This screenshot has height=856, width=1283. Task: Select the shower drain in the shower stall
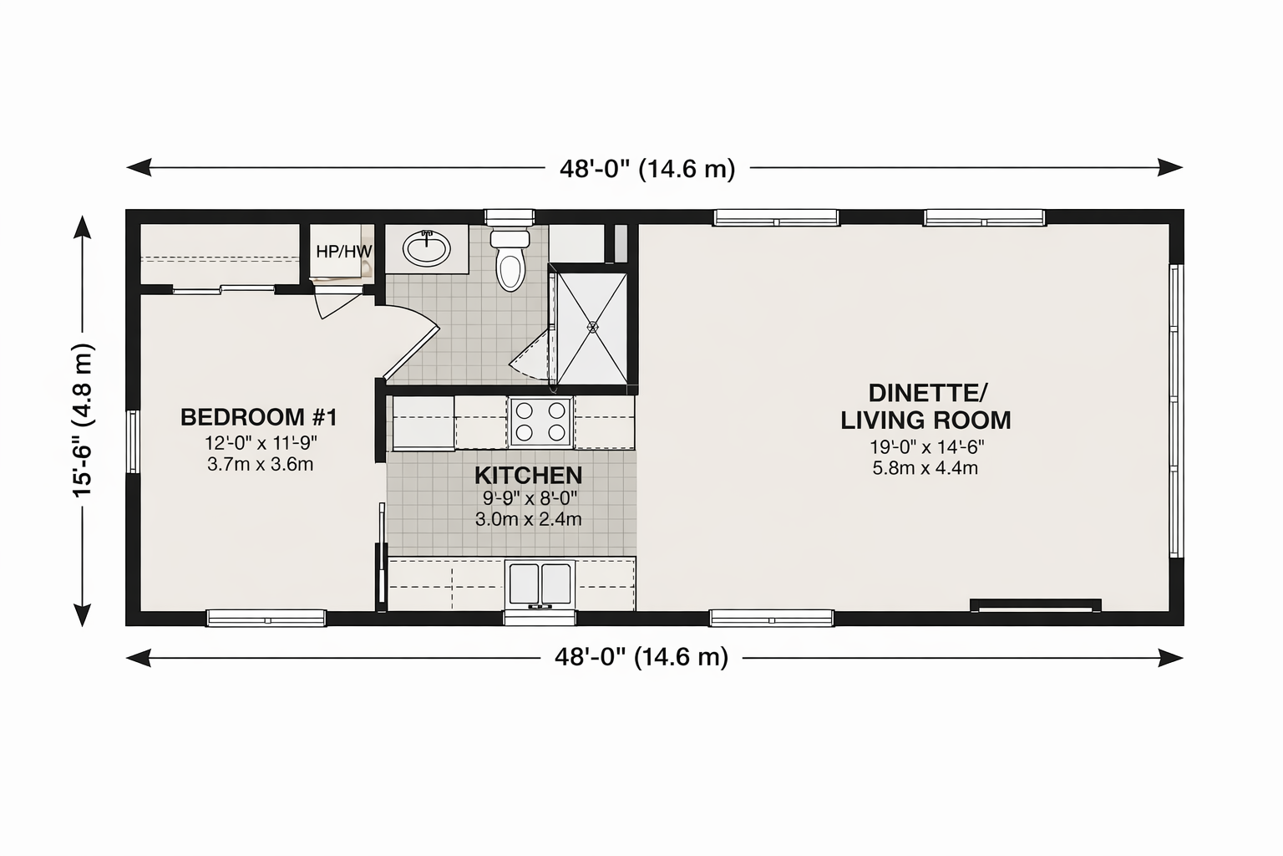tap(592, 327)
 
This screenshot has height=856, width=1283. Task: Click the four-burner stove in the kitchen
tap(540, 420)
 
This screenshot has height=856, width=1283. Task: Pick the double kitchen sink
tap(540, 584)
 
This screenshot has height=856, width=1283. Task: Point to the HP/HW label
tap(343, 251)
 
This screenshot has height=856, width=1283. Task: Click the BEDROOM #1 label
tap(259, 417)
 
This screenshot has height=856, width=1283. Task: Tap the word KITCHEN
tap(528, 476)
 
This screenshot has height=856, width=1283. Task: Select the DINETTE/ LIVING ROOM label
tap(925, 406)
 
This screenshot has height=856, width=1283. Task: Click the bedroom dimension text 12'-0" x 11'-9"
tap(261, 442)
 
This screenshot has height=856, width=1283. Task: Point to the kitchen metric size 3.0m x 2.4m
tap(528, 519)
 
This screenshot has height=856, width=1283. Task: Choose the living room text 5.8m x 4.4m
tap(925, 468)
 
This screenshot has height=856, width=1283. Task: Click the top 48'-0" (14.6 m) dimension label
tap(647, 169)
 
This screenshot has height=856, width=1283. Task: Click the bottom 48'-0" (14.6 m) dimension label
tap(641, 656)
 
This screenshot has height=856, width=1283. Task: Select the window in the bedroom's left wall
tap(133, 441)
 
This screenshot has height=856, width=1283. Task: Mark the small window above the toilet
tap(510, 217)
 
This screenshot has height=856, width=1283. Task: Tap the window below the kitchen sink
tap(540, 618)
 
